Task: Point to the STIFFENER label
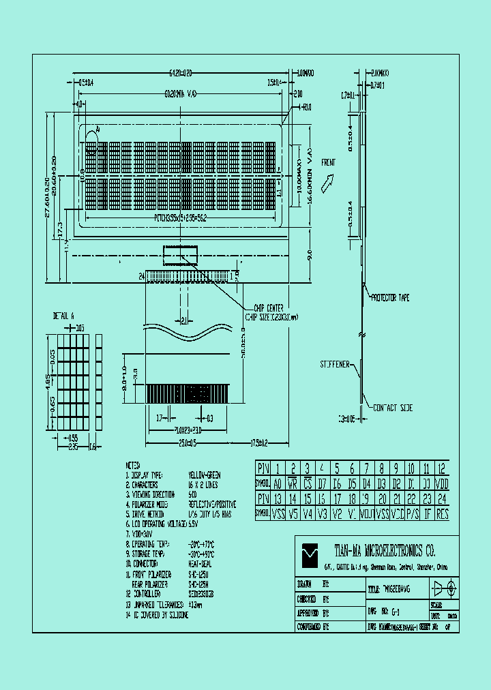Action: click(335, 365)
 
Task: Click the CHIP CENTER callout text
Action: click(266, 308)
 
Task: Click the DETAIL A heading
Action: click(63, 316)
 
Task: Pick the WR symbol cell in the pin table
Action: click(293, 483)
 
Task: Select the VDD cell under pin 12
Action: click(442, 483)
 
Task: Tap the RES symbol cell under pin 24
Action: click(442, 514)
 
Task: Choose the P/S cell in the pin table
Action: click(412, 514)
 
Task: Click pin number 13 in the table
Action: click(278, 499)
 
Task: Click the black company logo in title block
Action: click(310, 552)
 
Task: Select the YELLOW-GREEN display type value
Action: click(205, 475)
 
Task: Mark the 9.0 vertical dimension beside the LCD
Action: click(309, 256)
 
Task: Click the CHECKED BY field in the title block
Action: click(314, 599)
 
